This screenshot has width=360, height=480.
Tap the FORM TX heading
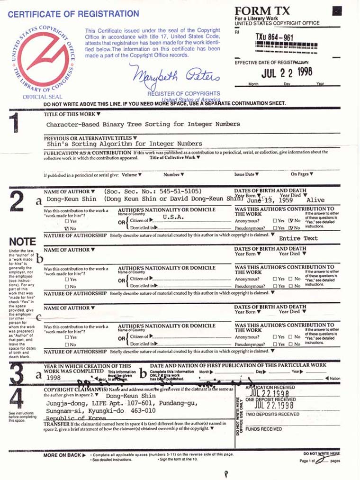coord(261,11)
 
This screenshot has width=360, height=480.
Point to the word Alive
coord(315,200)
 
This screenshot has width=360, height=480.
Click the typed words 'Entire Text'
coord(298,238)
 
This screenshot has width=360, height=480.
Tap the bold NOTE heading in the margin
coord(22,242)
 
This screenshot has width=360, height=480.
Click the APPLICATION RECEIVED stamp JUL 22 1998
coord(274,394)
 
